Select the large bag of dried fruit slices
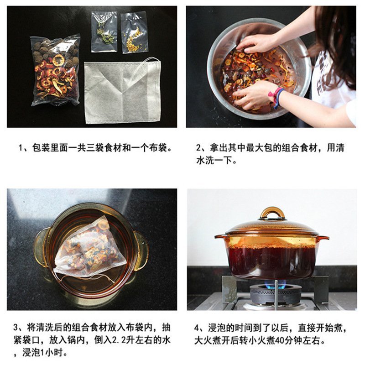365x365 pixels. pyautogui.click(x=56, y=70)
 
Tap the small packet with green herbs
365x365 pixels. pyautogui.click(x=104, y=31)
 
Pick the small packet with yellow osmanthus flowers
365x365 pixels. pyautogui.click(x=134, y=32)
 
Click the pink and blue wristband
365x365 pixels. pyautogui.click(x=276, y=97)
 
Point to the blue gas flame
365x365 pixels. pyautogui.click(x=276, y=285)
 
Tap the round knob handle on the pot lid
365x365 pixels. pyautogui.click(x=272, y=213)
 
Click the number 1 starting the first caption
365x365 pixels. pyautogui.click(x=21, y=148)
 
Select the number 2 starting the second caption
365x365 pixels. pyautogui.click(x=198, y=148)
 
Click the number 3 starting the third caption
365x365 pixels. pyautogui.click(x=16, y=328)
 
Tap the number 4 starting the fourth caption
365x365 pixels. pyautogui.click(x=197, y=328)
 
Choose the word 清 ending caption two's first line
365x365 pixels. pyautogui.click(x=340, y=148)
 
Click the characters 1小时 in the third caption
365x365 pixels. pyautogui.click(x=52, y=353)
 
